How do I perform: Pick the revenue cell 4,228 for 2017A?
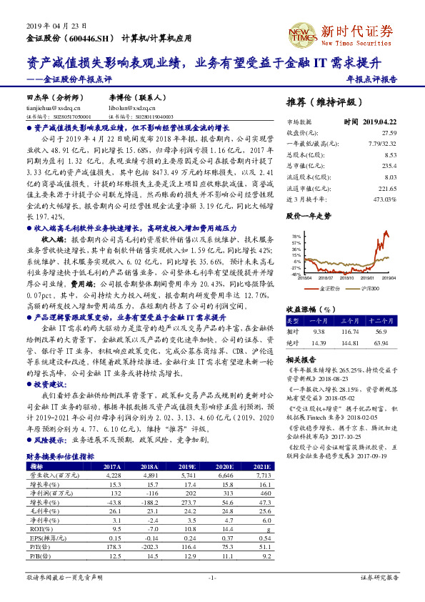coord(113,475)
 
